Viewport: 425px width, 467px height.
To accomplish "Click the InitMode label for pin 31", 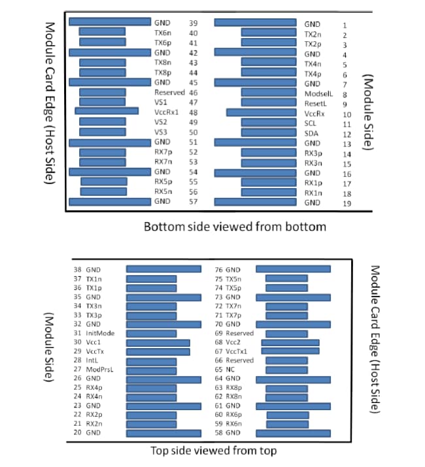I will (100, 332).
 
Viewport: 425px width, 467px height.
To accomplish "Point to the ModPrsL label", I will (99, 369).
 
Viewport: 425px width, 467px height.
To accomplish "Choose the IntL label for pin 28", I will (92, 360).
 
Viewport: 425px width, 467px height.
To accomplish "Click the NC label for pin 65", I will (229, 369).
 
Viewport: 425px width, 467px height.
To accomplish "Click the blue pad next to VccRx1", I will (107, 112).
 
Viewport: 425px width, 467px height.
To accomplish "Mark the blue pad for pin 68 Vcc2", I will (290, 342).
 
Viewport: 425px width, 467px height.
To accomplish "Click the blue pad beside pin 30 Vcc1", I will (158, 342).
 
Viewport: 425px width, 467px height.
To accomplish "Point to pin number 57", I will (194, 201).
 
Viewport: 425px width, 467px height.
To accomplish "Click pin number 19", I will (345, 203).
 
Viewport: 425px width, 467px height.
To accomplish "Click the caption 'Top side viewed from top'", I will (213, 450).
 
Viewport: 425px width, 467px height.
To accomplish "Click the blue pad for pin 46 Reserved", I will (103, 93).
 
